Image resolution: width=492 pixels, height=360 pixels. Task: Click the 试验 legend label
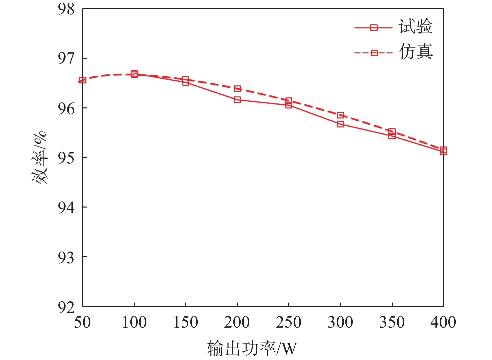point(415,27)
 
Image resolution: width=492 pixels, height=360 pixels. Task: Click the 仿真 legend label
point(415,52)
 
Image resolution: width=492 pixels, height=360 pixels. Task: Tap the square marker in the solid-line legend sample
point(374,28)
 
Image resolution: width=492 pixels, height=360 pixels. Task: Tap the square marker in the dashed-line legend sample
point(374,53)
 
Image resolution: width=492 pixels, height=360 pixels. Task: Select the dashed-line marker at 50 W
point(83,80)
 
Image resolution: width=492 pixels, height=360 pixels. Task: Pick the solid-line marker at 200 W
point(237,99)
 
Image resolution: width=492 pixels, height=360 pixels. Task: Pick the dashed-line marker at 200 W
point(237,88)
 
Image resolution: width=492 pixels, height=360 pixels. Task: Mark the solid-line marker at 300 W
point(340,124)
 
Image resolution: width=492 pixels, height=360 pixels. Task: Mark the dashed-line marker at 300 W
point(340,115)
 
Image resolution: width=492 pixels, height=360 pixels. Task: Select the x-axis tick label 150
point(186,322)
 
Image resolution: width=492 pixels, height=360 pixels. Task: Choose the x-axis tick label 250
point(289,322)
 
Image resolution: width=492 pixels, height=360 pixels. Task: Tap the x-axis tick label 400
point(443,322)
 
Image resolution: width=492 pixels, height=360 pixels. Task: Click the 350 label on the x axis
point(392,322)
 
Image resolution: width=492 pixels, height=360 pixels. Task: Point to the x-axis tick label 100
point(134,322)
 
